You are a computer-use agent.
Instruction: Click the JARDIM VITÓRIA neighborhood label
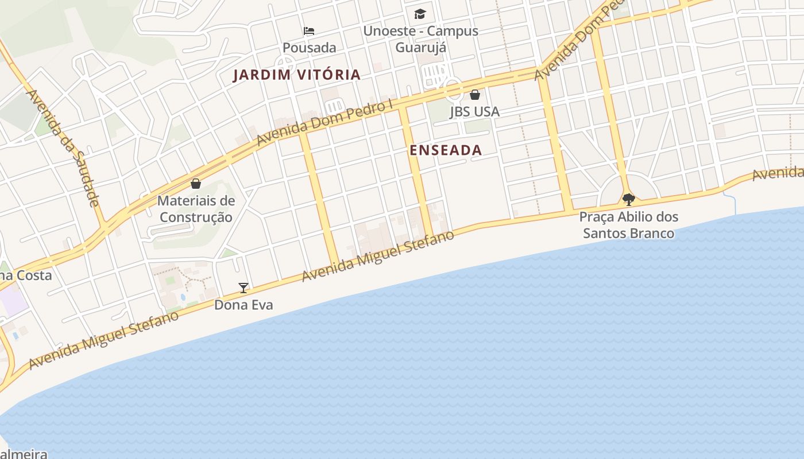click(296, 75)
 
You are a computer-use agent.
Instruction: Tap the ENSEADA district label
click(446, 150)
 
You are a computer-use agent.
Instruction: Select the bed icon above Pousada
click(309, 31)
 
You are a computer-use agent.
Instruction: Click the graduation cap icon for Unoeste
click(420, 14)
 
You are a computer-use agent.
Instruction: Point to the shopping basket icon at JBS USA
click(475, 95)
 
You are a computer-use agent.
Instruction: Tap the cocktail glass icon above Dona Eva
click(243, 287)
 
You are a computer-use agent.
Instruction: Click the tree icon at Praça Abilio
click(629, 200)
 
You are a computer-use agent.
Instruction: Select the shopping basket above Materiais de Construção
click(196, 184)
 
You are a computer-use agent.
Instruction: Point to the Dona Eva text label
click(243, 305)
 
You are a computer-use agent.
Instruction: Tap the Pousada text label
click(310, 48)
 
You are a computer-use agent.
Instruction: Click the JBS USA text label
click(474, 112)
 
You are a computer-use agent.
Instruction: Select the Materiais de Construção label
click(196, 209)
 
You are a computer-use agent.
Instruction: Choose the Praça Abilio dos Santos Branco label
click(629, 225)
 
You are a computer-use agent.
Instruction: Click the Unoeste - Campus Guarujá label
click(420, 39)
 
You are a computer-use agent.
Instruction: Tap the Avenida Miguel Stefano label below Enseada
click(378, 256)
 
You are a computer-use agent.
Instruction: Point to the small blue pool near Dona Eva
click(183, 297)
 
